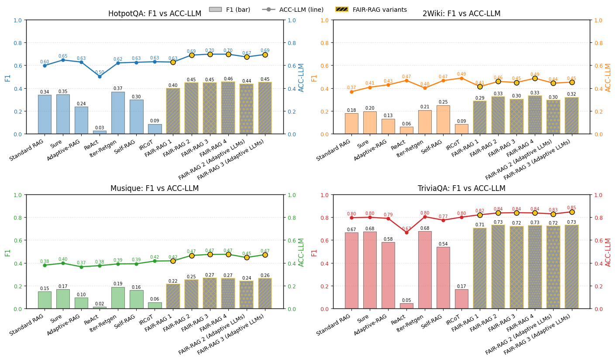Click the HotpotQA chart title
click(x=155, y=14)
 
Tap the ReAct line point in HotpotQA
click(x=100, y=76)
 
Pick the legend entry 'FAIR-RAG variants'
click(x=371, y=10)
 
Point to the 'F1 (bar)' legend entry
click(x=230, y=10)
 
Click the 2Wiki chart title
click(x=461, y=14)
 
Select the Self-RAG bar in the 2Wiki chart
click(x=443, y=120)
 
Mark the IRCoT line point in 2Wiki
click(x=461, y=78)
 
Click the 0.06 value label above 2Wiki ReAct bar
click(x=406, y=124)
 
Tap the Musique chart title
click(x=155, y=189)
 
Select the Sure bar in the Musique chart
click(x=63, y=299)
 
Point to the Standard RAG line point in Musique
click(x=45, y=265)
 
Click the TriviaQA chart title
click(x=461, y=189)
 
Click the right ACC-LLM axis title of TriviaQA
click(x=608, y=252)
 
